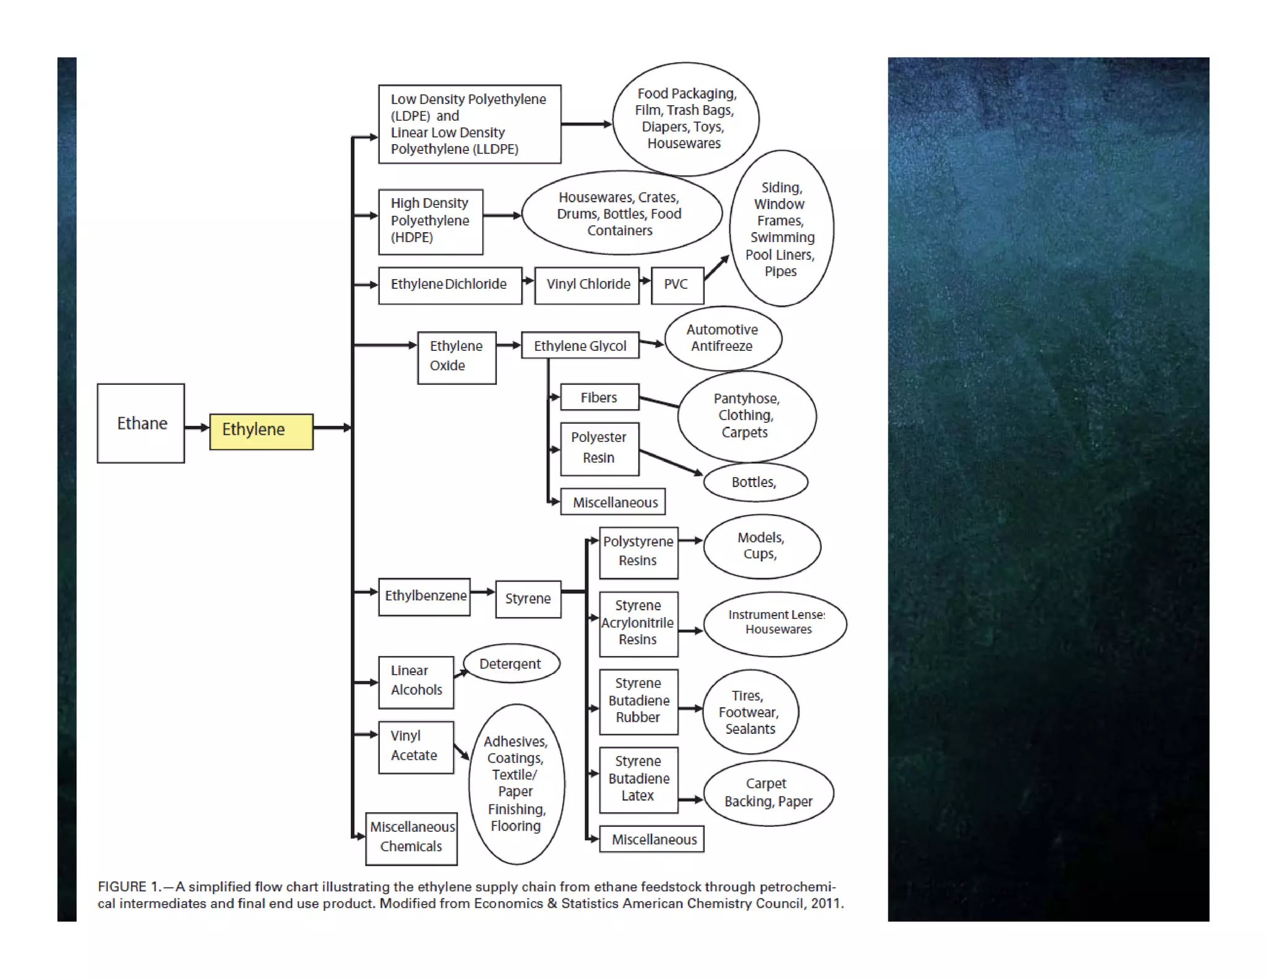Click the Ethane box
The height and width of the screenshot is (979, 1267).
141,423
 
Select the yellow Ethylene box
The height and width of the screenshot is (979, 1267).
261,431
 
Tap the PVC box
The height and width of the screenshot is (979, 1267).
677,285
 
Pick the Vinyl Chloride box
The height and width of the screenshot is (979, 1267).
587,285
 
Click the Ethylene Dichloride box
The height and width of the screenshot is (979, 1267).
450,285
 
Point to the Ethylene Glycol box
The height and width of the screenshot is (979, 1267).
580,345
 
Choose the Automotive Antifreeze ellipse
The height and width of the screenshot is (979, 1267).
723,339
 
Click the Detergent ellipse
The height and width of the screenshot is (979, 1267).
511,663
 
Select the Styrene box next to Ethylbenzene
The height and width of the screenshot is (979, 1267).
528,599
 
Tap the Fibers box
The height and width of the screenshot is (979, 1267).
599,397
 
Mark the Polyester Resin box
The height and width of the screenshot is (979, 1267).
599,449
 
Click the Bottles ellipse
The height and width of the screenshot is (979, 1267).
755,482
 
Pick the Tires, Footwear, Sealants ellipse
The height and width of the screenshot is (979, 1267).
750,712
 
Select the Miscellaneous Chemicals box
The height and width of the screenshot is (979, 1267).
411,838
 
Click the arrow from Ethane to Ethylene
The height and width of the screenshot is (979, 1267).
197,428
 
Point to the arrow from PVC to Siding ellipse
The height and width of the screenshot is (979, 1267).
716,267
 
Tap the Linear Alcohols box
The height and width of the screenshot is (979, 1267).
416,681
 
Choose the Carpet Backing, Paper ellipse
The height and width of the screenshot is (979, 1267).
768,793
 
